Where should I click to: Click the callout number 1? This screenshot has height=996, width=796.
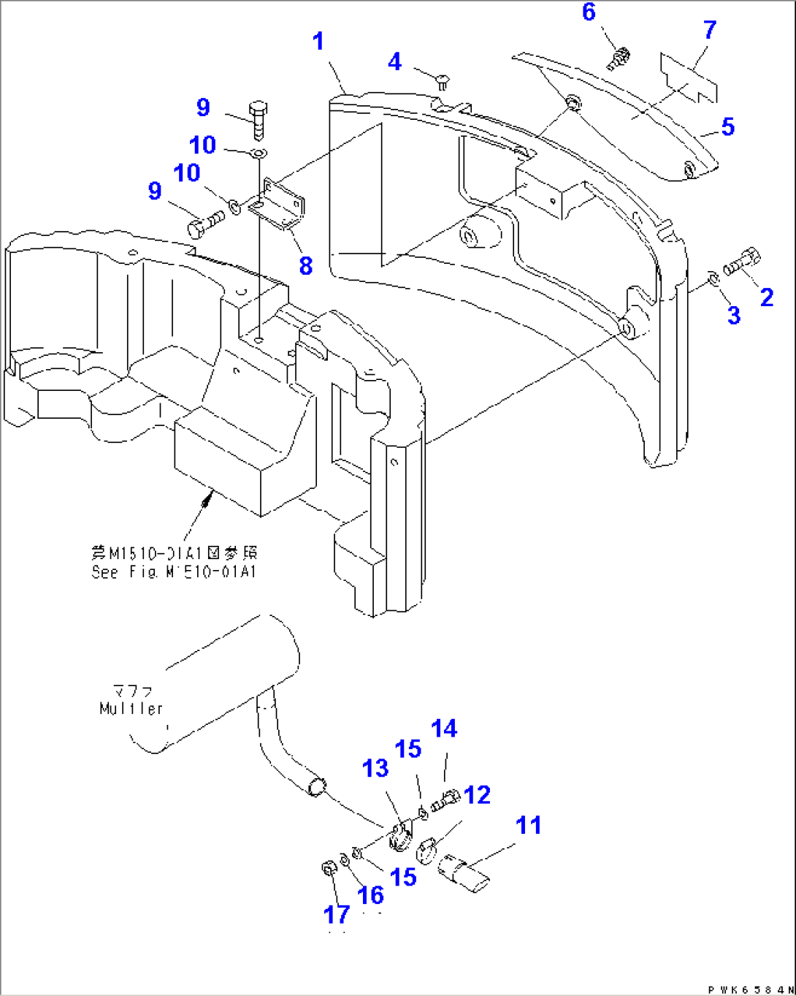[318, 41]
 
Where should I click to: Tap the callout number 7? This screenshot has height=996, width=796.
[709, 30]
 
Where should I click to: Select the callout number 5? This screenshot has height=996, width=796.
[727, 126]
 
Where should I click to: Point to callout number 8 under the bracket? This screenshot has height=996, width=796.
[305, 265]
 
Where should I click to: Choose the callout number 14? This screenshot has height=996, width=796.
[444, 729]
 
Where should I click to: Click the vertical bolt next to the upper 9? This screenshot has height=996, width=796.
[259, 120]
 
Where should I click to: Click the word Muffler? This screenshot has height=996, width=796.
[131, 708]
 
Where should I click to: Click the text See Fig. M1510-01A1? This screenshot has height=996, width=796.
[174, 572]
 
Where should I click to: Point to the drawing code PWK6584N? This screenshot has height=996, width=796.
[749, 989]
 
